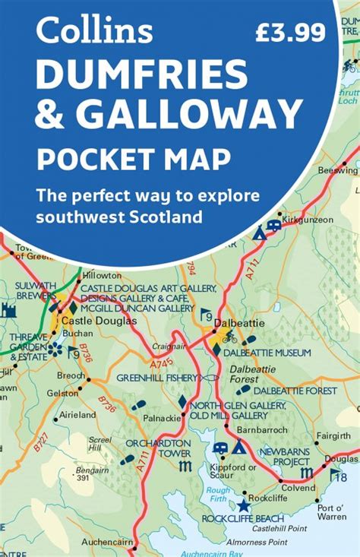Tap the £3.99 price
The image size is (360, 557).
[x=289, y=31]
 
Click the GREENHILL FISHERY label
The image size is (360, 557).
[x=156, y=377]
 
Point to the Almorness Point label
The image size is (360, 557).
[x=257, y=541]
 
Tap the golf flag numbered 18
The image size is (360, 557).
[x=339, y=476]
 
